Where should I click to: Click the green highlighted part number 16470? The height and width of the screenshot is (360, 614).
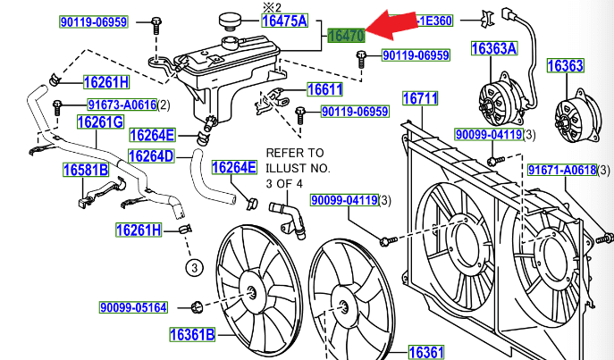coord(345,36)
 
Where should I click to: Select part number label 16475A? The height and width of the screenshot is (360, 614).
coord(284,21)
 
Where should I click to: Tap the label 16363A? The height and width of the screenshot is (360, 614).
coord(494,50)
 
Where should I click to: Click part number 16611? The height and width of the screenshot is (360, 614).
coord(324,89)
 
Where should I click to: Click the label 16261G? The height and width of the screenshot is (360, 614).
coord(99,121)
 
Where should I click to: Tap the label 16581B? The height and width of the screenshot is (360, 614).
coord(86,170)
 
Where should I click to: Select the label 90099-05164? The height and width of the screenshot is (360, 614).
coord(133,308)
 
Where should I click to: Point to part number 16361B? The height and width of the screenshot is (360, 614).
coord(192,336)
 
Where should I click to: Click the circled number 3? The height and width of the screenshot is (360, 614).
coord(191,266)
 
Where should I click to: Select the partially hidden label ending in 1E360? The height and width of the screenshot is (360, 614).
coord(433,21)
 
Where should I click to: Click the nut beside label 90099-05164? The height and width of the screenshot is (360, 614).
coord(195,308)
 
